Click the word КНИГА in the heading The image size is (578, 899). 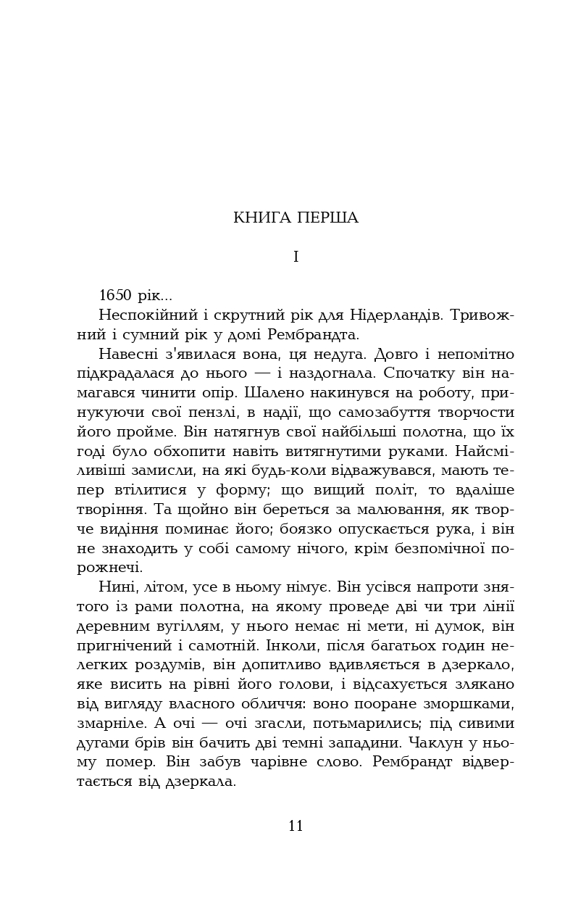tap(262, 218)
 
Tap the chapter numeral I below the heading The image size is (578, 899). tap(296, 257)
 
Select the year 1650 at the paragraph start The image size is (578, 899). tap(114, 296)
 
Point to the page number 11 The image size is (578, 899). tap(296, 826)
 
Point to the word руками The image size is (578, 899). tap(412, 451)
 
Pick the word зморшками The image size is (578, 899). tap(472, 704)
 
